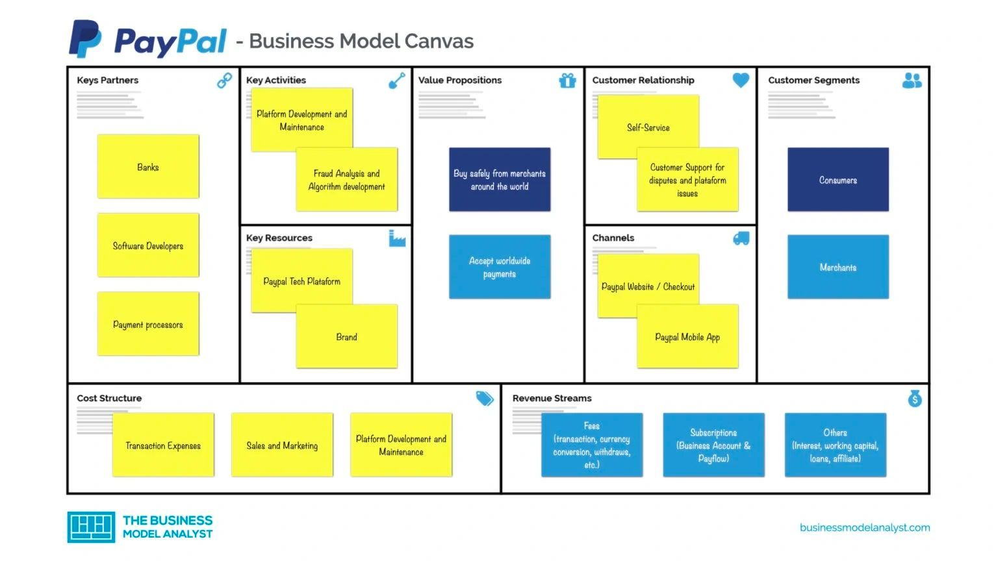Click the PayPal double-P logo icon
point(85,39)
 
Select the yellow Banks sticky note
point(148,167)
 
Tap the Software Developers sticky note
point(148,245)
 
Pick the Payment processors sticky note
point(148,324)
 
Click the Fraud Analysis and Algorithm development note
point(347,180)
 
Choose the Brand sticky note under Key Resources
point(347,337)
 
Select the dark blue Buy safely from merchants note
point(500,180)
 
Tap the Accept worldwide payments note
point(500,267)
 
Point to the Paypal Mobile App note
point(687,337)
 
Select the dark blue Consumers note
point(838,180)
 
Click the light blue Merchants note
point(838,267)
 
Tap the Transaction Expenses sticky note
point(163,445)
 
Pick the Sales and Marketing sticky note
point(282,445)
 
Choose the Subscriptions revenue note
point(713,445)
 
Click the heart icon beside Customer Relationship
point(741,80)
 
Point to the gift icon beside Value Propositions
point(567,81)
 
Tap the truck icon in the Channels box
point(741,238)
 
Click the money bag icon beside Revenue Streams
point(915,399)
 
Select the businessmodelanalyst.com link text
point(865,527)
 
